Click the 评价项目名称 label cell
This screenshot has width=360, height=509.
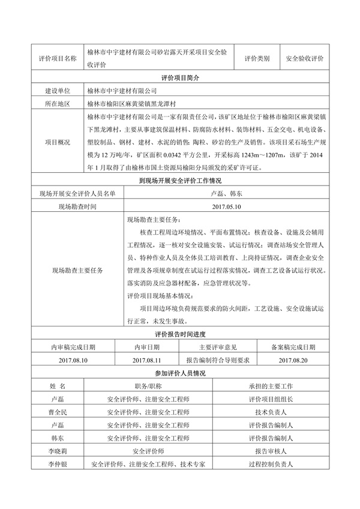pyautogui.click(x=57, y=59)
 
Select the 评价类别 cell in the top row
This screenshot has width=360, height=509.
pyautogui.click(x=257, y=59)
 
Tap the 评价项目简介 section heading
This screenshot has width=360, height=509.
pyautogui.click(x=179, y=79)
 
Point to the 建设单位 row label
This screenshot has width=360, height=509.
pyautogui.click(x=58, y=91)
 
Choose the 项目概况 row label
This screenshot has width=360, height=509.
pyautogui.click(x=58, y=142)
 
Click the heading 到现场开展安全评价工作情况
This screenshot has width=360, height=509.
pyautogui.click(x=179, y=181)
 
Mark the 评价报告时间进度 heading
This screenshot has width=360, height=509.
pyautogui.click(x=179, y=334)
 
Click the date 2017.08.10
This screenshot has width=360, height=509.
pyautogui.click(x=73, y=360)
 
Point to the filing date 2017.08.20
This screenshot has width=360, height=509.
pyautogui.click(x=293, y=360)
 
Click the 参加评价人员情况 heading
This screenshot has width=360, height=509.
pyautogui.click(x=179, y=373)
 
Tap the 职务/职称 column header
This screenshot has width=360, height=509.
pyautogui.click(x=148, y=387)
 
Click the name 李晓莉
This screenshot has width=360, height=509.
pyautogui.click(x=58, y=451)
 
